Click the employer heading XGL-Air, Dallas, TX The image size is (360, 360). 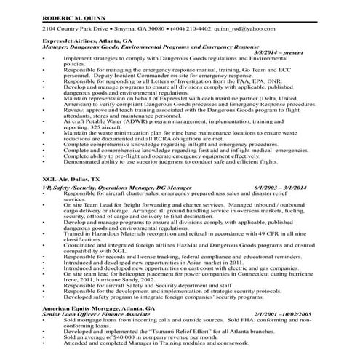pyautogui.click(x=71, y=177)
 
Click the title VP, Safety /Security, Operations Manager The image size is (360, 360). pyautogui.click(x=97, y=188)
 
